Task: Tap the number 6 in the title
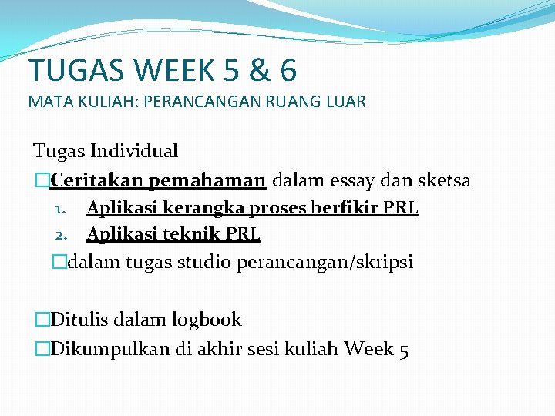(x=288, y=70)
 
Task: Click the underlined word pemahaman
(x=207, y=181)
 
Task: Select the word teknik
(x=191, y=233)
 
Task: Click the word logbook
(x=206, y=320)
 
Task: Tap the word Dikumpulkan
(x=109, y=349)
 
